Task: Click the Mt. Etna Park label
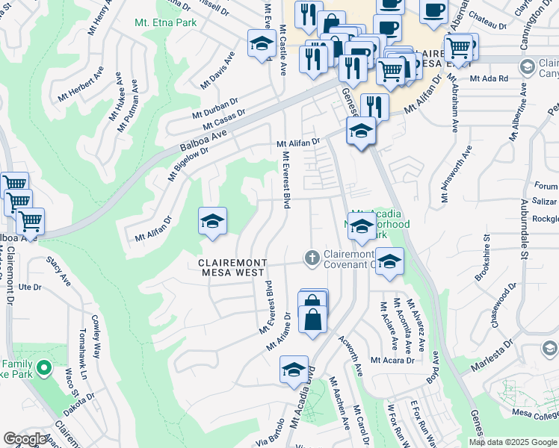[x=165, y=23]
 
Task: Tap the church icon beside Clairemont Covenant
[x=312, y=258]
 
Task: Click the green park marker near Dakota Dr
[x=43, y=368]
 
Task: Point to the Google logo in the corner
[x=25, y=439]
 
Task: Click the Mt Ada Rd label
[x=489, y=78]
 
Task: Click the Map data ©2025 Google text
[x=512, y=442]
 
